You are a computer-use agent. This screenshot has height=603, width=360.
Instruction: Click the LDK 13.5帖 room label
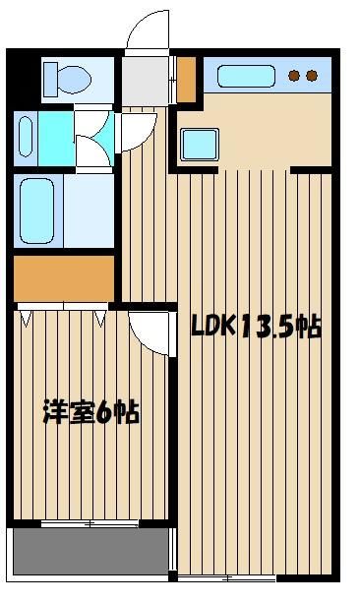256,328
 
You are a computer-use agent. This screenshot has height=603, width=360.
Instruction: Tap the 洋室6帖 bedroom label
91,412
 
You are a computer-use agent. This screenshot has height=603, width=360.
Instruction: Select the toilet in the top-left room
67,80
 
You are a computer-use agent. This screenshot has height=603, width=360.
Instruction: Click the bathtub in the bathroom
37,211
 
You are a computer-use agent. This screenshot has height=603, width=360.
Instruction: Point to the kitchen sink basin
247,76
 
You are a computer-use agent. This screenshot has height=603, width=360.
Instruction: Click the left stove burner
294,76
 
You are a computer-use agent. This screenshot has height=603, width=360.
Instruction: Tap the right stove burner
312,76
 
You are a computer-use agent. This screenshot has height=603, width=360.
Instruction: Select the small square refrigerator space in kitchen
200,145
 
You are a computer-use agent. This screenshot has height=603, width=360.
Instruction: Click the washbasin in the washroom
26,137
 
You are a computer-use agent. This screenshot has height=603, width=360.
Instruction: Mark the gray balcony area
90,552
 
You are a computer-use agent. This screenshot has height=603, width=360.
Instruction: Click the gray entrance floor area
146,81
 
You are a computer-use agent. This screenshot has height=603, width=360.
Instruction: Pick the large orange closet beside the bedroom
64,278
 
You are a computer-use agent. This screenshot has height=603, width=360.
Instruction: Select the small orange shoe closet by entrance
187,80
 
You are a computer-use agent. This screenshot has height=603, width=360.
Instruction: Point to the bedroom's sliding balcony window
90,523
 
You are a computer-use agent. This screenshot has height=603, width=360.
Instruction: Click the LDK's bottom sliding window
227,578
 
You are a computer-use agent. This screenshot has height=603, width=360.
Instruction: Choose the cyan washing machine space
56,139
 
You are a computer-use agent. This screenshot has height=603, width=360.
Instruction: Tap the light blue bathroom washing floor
89,211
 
